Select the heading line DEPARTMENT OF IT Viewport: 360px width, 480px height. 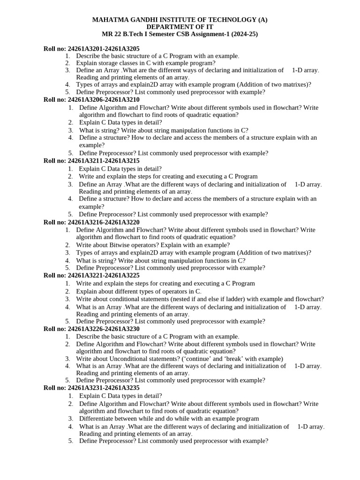[180, 27]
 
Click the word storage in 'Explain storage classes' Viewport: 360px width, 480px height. [110, 63]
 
